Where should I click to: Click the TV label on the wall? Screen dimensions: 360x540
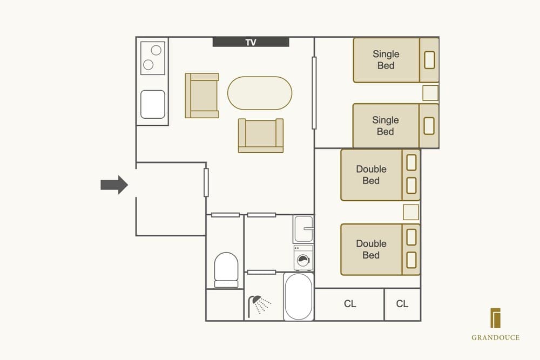251,42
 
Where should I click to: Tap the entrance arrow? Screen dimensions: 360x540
114,185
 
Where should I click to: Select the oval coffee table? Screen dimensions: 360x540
260,93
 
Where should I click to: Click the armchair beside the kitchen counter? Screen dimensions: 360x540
202,96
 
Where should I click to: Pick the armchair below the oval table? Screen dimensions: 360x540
261,135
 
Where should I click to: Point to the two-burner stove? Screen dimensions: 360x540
152,58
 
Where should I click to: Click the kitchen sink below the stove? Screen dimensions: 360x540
153,104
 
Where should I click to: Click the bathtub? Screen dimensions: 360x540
298,296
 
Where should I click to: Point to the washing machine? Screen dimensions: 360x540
303,258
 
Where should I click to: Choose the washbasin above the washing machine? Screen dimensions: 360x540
303,229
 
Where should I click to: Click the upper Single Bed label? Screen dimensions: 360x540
386,60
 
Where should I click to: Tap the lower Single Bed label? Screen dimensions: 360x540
386,126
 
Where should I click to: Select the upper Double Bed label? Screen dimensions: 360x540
371,175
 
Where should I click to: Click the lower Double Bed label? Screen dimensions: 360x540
371,249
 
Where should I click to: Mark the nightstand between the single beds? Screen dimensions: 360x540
430,93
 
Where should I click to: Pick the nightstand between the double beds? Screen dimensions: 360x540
411,212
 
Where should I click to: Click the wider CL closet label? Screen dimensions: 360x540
350,304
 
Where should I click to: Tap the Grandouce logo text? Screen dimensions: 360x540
495,337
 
